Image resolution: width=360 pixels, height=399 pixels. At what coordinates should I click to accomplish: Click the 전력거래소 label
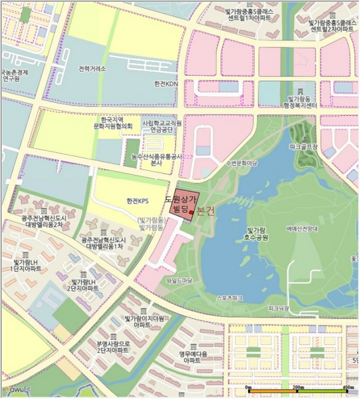tap(92, 68)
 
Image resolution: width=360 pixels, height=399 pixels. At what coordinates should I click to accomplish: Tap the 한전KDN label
tap(166, 83)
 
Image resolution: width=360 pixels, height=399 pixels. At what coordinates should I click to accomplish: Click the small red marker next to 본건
tap(192, 213)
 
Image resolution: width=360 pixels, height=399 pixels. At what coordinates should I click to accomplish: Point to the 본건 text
tap(206, 211)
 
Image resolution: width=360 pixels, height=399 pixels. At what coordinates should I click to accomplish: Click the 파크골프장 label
tap(304, 147)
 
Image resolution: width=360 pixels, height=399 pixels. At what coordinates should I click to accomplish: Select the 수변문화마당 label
tap(242, 162)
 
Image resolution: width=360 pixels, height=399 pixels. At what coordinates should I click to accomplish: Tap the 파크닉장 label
tap(279, 308)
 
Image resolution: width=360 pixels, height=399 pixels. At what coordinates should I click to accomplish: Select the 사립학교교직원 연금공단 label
tap(162, 126)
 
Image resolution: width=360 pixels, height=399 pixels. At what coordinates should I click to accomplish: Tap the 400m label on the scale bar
tap(340, 387)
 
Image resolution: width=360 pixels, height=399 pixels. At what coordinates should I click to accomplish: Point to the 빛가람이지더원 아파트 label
tap(144, 322)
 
